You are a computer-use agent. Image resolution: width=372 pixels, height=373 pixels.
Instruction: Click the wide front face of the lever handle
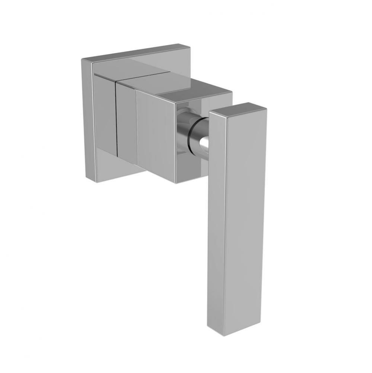(246, 220)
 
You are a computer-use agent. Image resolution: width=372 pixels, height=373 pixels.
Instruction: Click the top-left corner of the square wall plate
(82, 60)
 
